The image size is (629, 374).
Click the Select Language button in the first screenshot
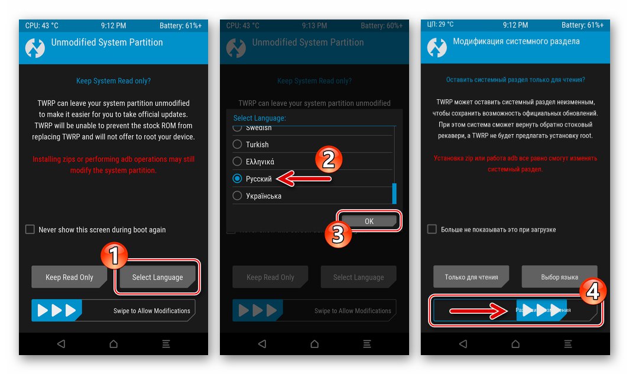tap(157, 277)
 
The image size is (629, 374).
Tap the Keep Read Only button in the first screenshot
tap(69, 277)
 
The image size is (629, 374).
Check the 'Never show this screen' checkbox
tap(30, 229)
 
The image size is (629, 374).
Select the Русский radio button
tap(238, 178)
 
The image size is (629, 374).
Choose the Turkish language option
tap(238, 144)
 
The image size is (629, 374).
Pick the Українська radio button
tap(238, 196)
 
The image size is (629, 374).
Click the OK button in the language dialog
tap(369, 221)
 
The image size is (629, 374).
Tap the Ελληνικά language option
tap(238, 161)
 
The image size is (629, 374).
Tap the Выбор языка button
tap(559, 277)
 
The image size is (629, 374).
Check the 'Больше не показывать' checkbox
tap(432, 229)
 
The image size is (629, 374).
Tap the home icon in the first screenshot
tap(114, 344)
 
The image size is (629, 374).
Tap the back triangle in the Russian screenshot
tap(463, 344)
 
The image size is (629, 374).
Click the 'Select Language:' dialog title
tap(260, 118)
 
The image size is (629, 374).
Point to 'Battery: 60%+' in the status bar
tap(381, 26)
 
